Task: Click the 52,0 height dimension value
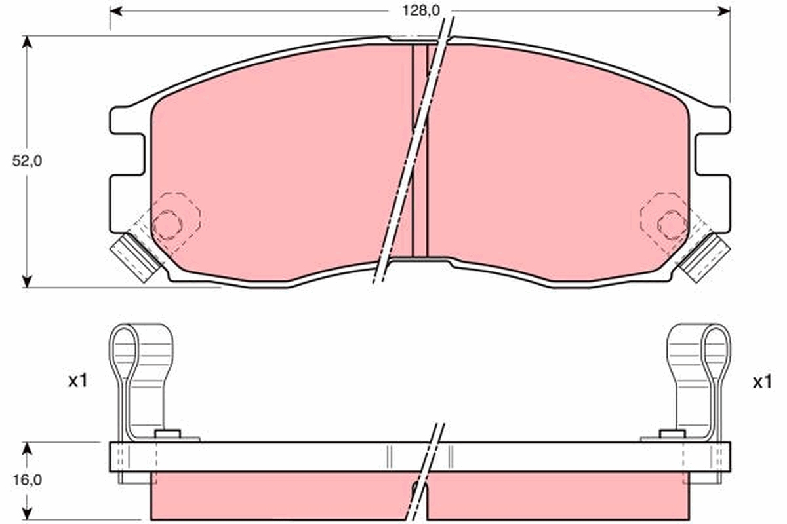coord(27,161)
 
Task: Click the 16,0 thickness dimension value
coord(27,479)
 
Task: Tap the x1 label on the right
coord(761,383)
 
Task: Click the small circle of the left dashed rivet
coord(167,225)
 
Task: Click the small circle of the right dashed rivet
coord(671,225)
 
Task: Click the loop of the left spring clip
coord(123,350)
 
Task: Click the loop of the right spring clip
coord(716,350)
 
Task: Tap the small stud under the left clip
coord(167,434)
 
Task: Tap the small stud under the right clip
coord(672,434)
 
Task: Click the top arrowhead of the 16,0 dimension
coord(27,449)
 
